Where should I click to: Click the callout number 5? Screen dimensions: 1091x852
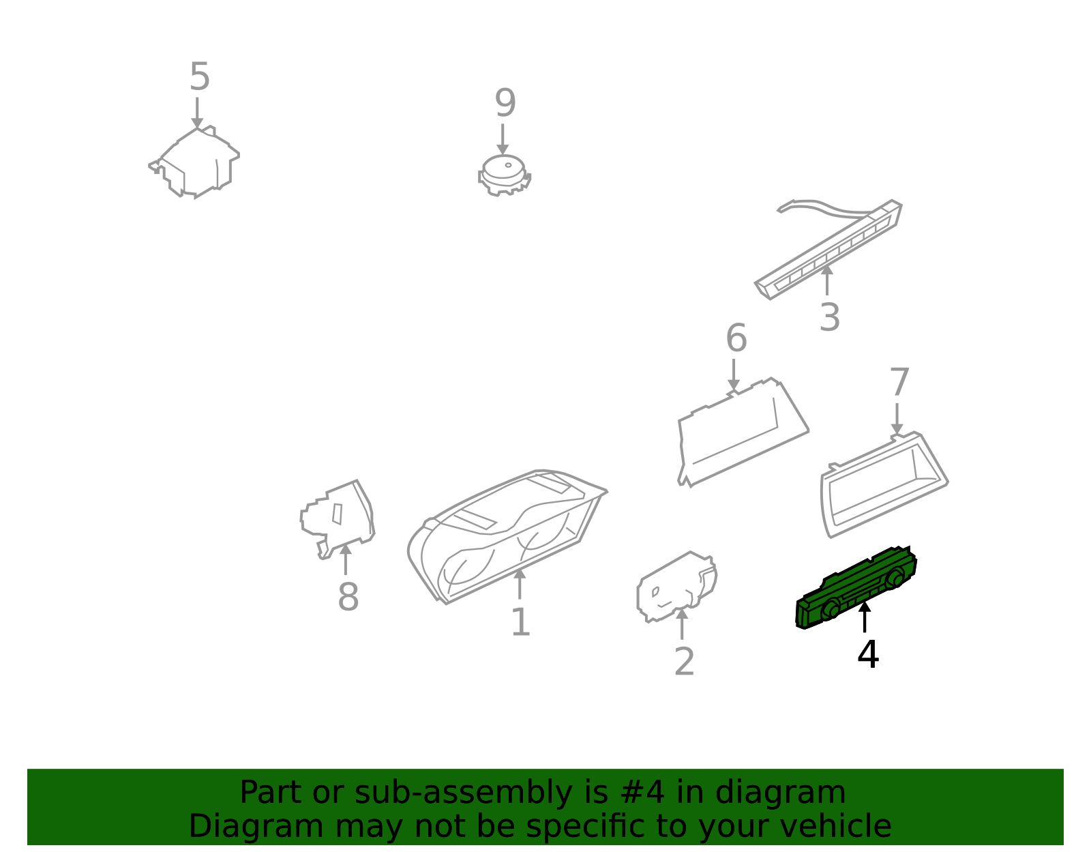pos(199,77)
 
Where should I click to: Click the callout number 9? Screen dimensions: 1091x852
pos(505,103)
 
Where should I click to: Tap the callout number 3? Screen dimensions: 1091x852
pos(829,317)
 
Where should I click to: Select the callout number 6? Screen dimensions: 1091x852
pos(736,338)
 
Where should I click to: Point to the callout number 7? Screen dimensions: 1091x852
pos(899,381)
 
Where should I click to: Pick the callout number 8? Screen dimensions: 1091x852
pos(348,596)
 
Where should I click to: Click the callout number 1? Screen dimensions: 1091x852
pos(520,622)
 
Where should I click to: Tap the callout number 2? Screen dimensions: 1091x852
pos(685,661)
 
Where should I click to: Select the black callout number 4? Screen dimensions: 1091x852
pos(868,654)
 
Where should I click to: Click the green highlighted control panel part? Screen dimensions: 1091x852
pos(856,587)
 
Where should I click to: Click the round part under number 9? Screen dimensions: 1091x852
pos(504,175)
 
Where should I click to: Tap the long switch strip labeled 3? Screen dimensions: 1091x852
pos(828,250)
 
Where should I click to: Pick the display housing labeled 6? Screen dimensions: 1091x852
pos(743,432)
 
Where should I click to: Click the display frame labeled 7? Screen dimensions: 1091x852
pos(884,484)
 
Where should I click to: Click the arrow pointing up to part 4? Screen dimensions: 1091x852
pos(865,617)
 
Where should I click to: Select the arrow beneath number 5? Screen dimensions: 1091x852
pos(197,113)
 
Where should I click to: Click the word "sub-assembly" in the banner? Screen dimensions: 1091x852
pos(463,792)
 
